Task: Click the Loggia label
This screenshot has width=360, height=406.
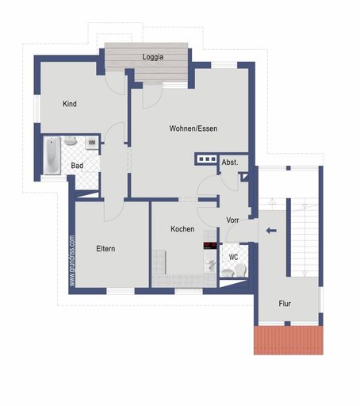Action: point(153,57)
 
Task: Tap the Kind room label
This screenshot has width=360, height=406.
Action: point(70,103)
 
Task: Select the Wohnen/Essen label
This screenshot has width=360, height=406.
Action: point(193,128)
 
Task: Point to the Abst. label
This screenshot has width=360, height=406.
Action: point(229,163)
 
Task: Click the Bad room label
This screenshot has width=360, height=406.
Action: point(77,166)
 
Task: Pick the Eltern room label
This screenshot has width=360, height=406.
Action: point(105,249)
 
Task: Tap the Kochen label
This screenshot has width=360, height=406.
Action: point(182,229)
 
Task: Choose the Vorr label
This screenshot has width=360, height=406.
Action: point(233,220)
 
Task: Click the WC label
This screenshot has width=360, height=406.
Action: point(233,257)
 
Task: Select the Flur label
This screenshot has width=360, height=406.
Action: point(285,304)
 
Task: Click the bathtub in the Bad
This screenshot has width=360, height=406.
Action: point(52,156)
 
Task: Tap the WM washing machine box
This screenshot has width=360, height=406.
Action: point(92,142)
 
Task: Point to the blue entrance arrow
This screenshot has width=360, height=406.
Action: point(271,232)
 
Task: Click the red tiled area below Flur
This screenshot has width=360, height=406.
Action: point(289,339)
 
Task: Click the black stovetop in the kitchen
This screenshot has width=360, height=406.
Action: point(209,244)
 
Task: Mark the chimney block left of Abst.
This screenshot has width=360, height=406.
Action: point(206,159)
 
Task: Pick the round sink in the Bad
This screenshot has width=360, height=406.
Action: point(71,141)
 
